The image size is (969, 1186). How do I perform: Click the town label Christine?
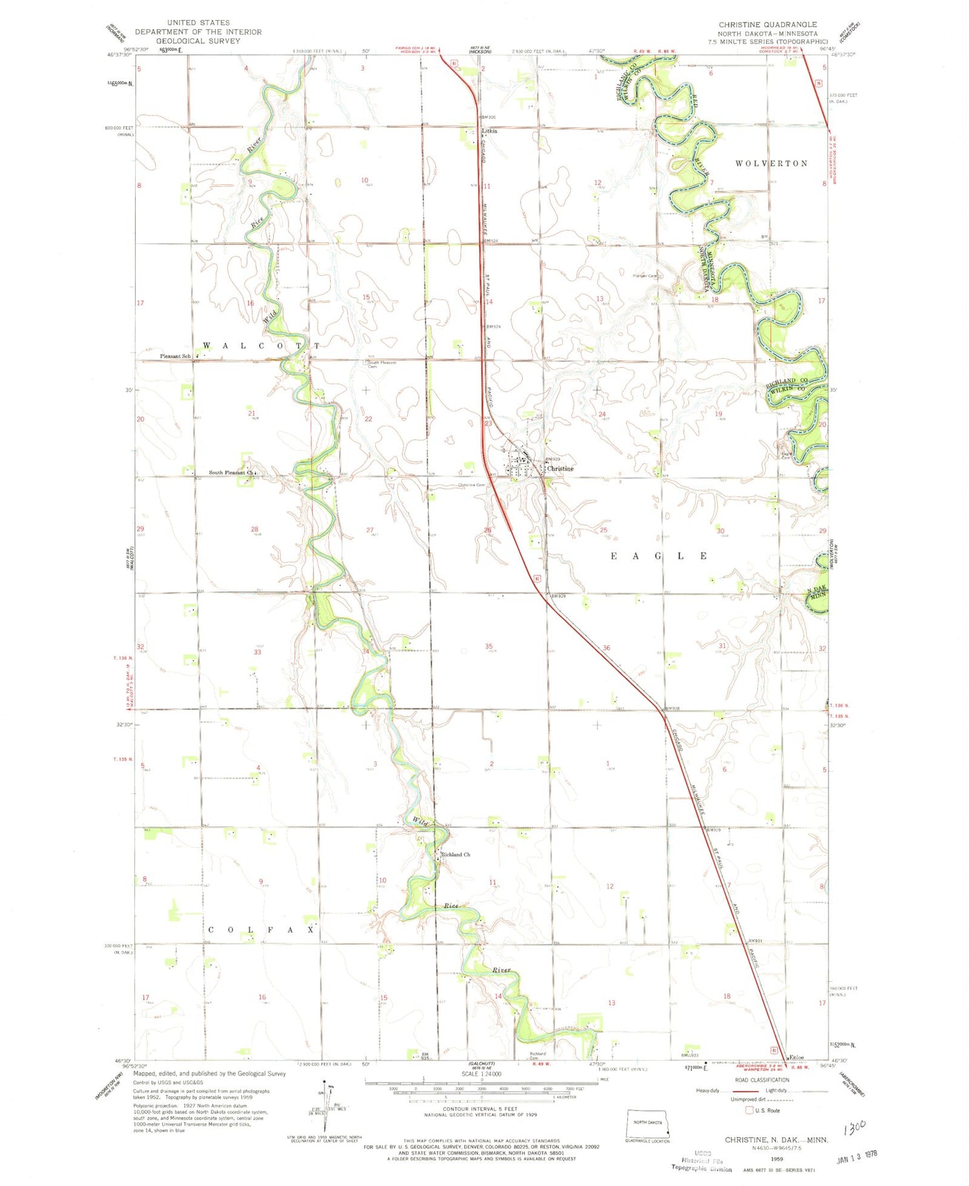(x=560, y=468)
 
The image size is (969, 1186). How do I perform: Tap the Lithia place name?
(x=490, y=131)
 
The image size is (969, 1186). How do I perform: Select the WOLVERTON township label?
(x=771, y=164)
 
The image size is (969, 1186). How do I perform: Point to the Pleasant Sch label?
(x=175, y=356)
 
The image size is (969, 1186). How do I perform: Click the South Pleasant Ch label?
(x=231, y=472)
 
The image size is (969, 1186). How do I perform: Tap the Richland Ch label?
(x=455, y=854)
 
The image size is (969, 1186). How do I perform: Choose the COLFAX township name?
(x=262, y=929)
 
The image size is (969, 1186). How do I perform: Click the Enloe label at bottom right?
(x=797, y=1057)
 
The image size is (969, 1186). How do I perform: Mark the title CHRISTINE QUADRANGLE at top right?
(x=768, y=25)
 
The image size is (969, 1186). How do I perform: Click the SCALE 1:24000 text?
(x=481, y=1074)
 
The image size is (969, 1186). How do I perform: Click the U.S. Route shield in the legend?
(x=749, y=1110)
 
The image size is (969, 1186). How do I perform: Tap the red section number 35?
(x=489, y=646)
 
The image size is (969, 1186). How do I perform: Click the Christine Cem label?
(x=471, y=485)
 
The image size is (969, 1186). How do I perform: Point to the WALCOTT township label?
(x=262, y=346)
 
